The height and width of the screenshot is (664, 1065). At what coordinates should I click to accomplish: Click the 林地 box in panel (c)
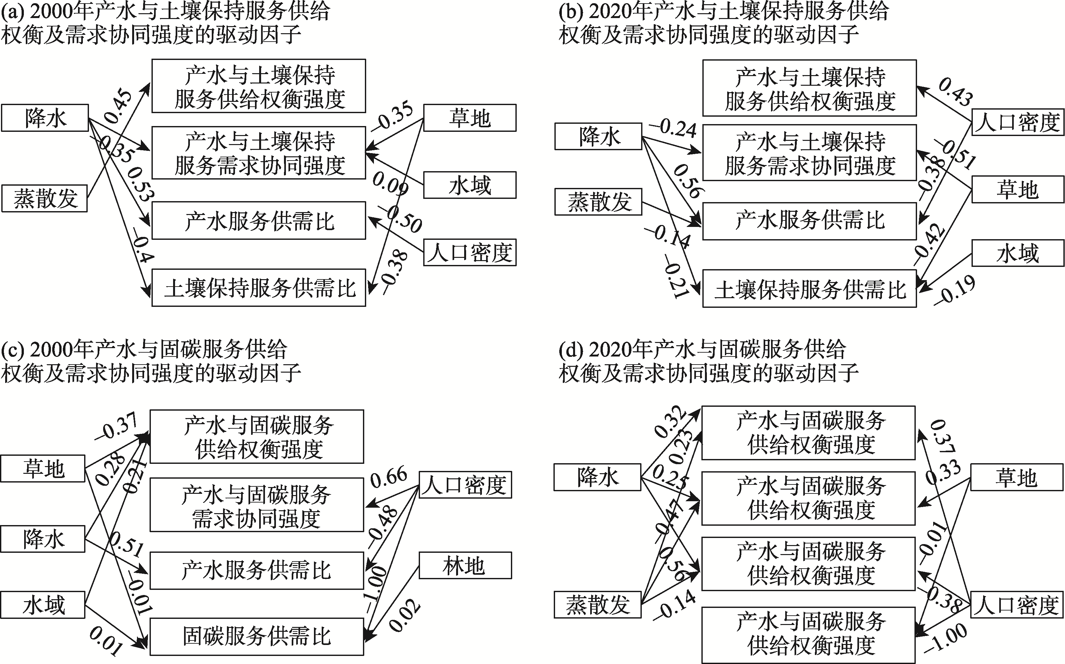[465, 565]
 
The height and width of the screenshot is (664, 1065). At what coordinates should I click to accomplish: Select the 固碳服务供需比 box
[257, 636]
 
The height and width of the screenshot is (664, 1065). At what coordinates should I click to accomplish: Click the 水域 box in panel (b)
[1018, 253]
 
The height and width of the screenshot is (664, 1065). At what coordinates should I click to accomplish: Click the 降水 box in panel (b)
[598, 137]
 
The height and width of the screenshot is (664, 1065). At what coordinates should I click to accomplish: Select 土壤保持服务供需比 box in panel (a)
[259, 288]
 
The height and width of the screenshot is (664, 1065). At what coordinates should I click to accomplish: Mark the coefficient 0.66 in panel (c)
[389, 477]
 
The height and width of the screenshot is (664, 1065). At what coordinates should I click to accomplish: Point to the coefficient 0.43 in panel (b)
[956, 92]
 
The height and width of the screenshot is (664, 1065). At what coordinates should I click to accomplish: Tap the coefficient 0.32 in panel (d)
[670, 421]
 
